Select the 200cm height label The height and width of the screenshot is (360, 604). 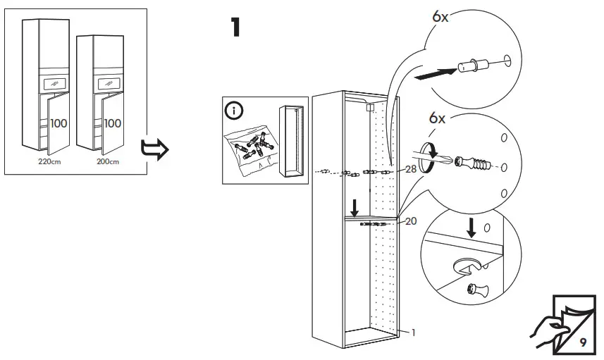[x=108, y=161]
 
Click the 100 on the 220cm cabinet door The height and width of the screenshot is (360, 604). [x=58, y=123]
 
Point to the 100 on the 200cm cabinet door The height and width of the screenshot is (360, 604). [x=113, y=123]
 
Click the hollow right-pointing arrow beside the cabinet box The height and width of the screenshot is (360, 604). [x=152, y=149]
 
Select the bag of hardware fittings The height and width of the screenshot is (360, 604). [x=248, y=149]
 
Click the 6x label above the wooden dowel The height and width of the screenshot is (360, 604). [x=440, y=17]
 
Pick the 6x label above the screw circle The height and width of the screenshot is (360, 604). [x=438, y=118]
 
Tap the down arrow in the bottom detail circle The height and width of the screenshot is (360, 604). [x=471, y=226]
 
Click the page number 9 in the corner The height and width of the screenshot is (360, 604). [x=582, y=342]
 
